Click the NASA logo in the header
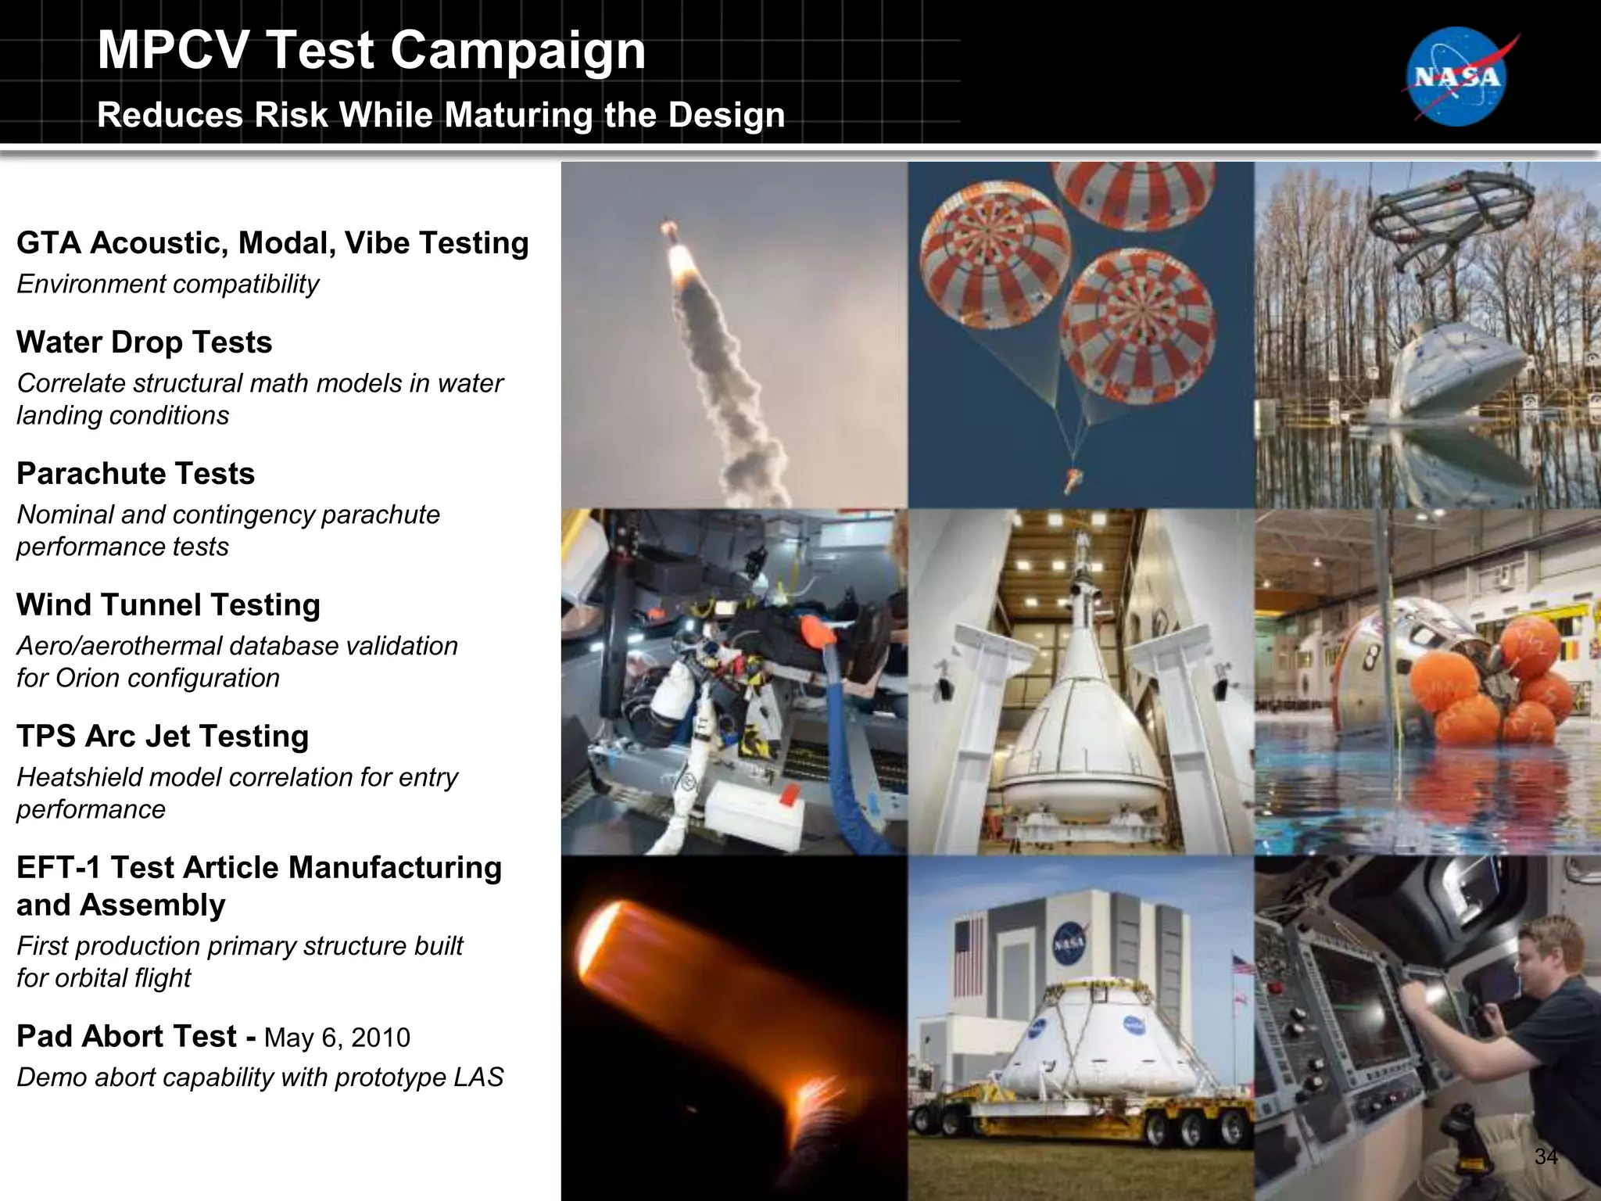1458,77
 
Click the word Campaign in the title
518,50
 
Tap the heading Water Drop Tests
144,342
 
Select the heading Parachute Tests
135,474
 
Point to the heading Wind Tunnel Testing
168,605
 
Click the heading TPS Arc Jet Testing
163,737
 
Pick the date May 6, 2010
337,1038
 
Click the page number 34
1545,1156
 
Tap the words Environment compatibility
167,284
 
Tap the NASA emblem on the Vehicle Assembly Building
1069,944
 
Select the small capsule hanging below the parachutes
1073,478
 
